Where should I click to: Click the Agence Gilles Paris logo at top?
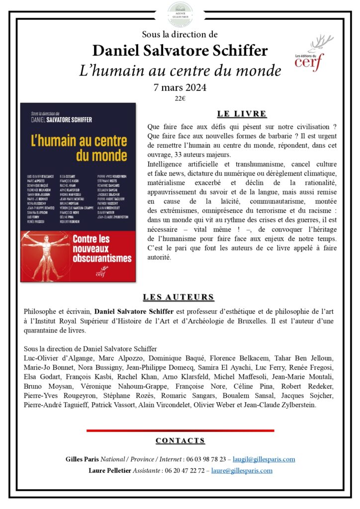[x=180, y=10]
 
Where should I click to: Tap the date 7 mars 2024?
[x=180, y=87]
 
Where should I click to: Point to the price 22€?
[x=180, y=98]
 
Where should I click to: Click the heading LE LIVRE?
[x=242, y=114]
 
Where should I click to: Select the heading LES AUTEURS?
[x=179, y=297]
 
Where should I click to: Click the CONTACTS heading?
[x=180, y=440]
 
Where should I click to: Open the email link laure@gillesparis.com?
[x=242, y=470]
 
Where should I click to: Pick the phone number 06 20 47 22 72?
[x=183, y=470]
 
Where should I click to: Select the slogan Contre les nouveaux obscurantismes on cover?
[x=102, y=248]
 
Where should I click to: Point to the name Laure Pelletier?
[x=110, y=470]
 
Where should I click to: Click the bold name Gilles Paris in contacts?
[x=83, y=459]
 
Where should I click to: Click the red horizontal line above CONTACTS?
[x=180, y=430]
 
